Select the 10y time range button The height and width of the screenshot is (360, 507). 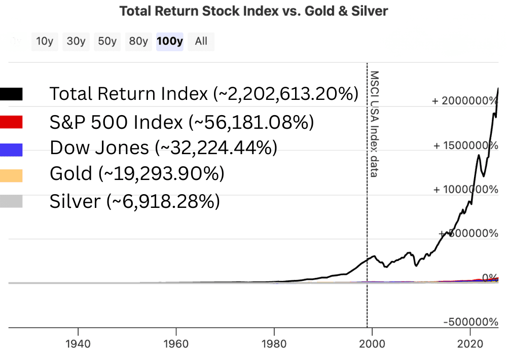click(45, 42)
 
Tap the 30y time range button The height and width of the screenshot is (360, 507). click(76, 42)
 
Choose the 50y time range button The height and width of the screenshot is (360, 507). click(107, 42)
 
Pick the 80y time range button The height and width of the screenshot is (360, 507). click(138, 42)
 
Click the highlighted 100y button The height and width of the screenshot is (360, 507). click(169, 42)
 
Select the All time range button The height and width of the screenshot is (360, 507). click(201, 42)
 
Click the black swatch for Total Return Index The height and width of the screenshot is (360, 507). click(11, 94)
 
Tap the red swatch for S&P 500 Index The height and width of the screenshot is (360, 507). click(11, 122)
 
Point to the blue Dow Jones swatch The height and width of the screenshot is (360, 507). click(11, 149)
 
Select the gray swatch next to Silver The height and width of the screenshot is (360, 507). click(11, 202)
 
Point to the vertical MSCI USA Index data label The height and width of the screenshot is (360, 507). click(374, 124)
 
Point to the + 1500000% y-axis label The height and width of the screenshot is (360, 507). click(465, 145)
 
